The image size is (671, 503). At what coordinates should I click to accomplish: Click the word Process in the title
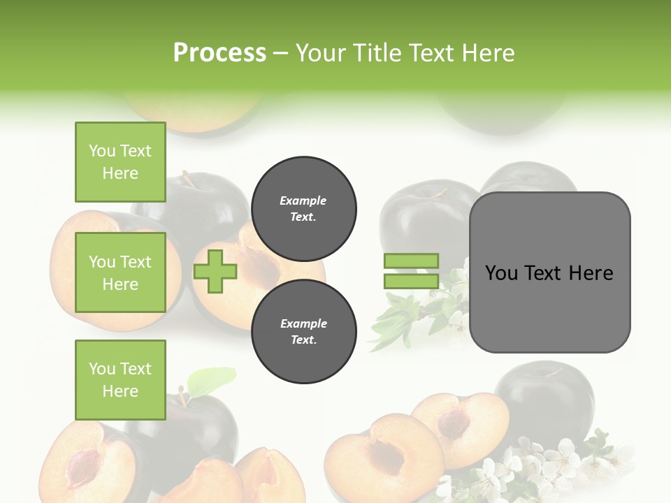tap(219, 53)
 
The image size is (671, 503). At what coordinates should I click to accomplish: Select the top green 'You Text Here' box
tap(120, 162)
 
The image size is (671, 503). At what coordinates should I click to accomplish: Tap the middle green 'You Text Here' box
tap(120, 272)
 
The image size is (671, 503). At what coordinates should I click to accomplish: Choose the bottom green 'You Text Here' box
tap(120, 380)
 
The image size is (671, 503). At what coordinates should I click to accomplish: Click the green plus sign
tap(215, 271)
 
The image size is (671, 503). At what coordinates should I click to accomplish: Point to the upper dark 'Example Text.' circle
tap(303, 209)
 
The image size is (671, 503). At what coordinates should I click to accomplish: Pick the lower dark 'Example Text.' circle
tap(303, 332)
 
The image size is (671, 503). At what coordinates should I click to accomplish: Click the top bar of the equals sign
tap(411, 261)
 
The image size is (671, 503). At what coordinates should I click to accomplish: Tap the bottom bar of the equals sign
tap(411, 282)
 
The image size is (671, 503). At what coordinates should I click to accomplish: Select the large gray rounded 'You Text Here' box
tap(549, 272)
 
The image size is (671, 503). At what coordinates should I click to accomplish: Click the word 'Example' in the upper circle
tap(303, 201)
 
